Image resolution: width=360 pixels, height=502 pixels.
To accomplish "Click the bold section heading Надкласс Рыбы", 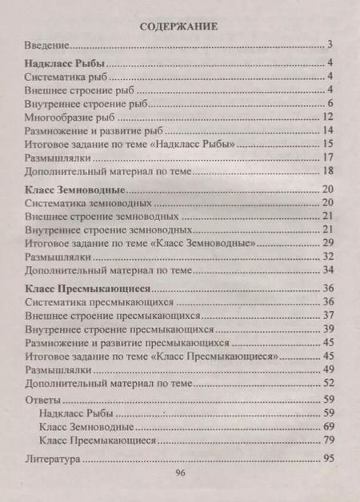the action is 65,63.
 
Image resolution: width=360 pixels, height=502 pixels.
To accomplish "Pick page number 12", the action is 326,118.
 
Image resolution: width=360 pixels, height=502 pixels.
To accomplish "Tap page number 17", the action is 326,158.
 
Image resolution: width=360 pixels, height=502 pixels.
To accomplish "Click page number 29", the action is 326,242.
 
